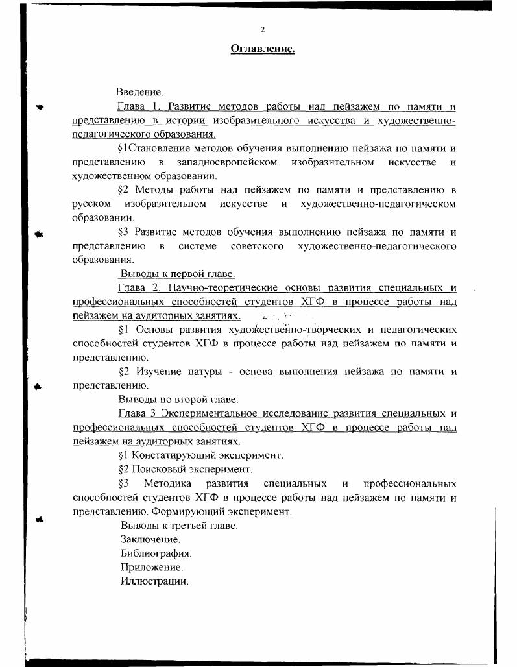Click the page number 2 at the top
click(263, 30)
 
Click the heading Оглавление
click(263, 48)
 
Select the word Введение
click(139, 93)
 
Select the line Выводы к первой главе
click(177, 274)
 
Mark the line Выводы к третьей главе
click(179, 526)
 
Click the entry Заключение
click(150, 539)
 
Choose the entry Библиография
click(156, 553)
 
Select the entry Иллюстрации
click(154, 581)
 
